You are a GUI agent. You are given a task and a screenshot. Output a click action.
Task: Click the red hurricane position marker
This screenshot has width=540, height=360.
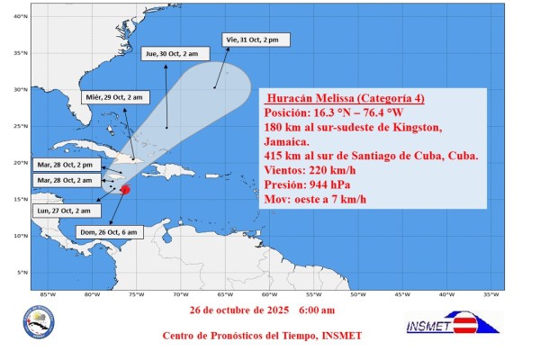[125, 190]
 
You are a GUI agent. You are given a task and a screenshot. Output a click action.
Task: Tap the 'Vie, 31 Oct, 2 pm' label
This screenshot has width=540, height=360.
[252, 40]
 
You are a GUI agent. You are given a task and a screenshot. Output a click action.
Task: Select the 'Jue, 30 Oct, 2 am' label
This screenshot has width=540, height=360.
[172, 54]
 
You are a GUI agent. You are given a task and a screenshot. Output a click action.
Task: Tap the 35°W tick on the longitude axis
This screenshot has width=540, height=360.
[490, 295]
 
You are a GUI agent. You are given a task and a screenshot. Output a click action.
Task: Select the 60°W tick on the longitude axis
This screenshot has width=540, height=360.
[269, 295]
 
